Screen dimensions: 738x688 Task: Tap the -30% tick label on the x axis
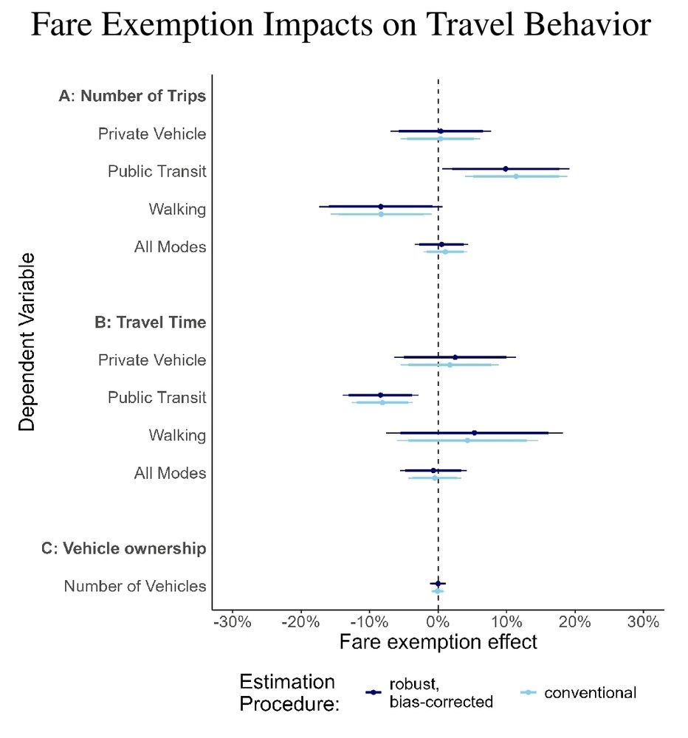tap(233, 621)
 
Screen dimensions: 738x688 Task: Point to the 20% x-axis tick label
tap(575, 621)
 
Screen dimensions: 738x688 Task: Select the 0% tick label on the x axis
tap(438, 621)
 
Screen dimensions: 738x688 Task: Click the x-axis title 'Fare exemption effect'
tap(438, 642)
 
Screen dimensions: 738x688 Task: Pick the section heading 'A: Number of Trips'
tap(132, 96)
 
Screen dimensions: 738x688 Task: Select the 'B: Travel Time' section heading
tap(150, 322)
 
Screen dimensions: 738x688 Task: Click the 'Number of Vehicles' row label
tap(134, 586)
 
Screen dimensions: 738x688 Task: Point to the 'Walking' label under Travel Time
tap(177, 435)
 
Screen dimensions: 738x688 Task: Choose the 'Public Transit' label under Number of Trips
tap(156, 171)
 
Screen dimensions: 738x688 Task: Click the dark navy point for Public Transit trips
tap(506, 169)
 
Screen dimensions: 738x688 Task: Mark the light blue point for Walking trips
tap(381, 214)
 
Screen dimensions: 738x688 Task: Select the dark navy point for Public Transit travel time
tap(381, 395)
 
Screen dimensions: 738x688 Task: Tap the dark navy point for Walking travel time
tap(474, 432)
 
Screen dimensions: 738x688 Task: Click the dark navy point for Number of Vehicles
tap(438, 583)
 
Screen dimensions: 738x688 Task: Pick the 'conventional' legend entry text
tap(590, 692)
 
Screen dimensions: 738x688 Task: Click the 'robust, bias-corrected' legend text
tap(441, 692)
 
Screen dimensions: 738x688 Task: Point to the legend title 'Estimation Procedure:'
tap(288, 692)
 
